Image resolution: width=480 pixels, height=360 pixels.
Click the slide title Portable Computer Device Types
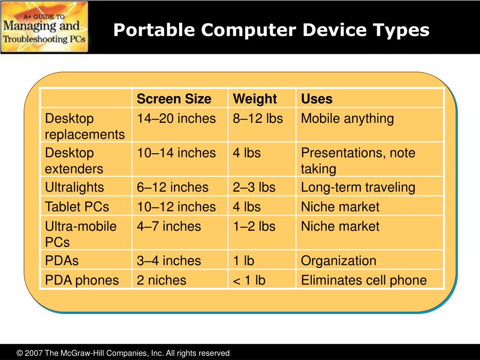pos(271,30)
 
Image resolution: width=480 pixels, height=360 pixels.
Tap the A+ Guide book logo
pos(45,27)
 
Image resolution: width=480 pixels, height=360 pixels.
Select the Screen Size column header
pos(174,99)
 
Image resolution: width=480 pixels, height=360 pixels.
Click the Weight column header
pos(255,99)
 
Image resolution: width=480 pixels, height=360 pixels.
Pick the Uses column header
pos(317,99)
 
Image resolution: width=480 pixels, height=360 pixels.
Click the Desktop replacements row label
pos(85,126)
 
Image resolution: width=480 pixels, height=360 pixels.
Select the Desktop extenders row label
pos(74,161)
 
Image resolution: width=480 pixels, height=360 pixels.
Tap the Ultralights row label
pos(74,187)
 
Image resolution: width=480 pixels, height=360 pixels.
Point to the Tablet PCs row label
pos(77,207)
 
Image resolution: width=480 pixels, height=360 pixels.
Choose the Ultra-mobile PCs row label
pos(81,234)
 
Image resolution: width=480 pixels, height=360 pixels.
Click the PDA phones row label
pos(82,280)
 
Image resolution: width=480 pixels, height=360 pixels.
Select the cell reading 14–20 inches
pos(176,119)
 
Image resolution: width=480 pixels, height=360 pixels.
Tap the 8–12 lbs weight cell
pos(258,119)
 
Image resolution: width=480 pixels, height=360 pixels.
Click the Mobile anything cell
pos(347,119)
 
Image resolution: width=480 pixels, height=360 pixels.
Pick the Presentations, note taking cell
pos(358,161)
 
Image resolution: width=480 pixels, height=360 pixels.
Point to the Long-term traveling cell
pos(358,187)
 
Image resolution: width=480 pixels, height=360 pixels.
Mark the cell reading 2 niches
pos(161,280)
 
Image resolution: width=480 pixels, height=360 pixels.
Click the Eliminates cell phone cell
pos(364,280)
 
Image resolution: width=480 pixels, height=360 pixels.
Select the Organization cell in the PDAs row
pos(338,261)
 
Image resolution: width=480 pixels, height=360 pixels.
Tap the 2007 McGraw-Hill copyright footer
pos(123,353)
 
